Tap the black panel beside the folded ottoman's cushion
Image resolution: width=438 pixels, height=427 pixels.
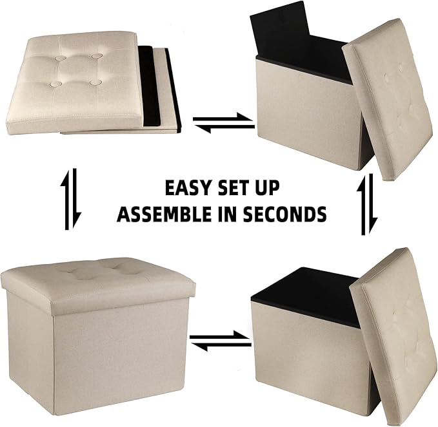click(x=155, y=90)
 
